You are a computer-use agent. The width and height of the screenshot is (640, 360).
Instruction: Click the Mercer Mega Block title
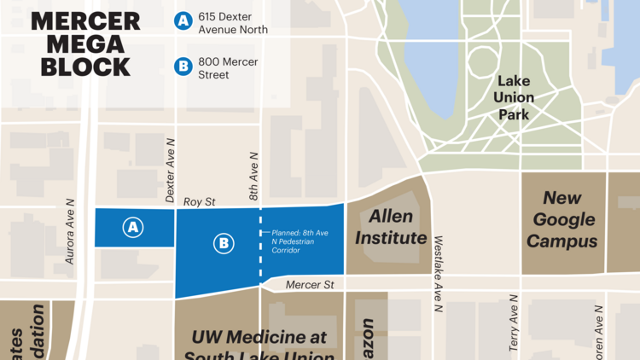tap(81, 44)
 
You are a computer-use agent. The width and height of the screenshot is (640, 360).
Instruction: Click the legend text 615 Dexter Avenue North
tap(233, 23)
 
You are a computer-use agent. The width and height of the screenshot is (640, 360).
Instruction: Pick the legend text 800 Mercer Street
tap(228, 68)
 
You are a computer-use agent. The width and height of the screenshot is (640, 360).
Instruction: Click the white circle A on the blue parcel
tap(132, 227)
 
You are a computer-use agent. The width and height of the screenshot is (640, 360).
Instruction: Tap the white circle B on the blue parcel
tap(224, 244)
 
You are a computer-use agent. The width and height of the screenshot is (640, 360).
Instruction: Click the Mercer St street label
tap(306, 284)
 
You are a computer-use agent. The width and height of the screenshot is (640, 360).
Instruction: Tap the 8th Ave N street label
tap(253, 177)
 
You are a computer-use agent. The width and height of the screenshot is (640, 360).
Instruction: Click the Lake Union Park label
tap(514, 97)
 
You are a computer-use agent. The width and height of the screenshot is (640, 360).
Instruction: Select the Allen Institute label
tap(391, 227)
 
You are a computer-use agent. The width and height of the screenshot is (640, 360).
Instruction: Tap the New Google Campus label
tap(561, 219)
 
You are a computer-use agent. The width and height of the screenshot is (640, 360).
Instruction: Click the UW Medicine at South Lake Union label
tap(259, 346)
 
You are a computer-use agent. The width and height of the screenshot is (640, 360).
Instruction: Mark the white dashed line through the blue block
tap(259, 256)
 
